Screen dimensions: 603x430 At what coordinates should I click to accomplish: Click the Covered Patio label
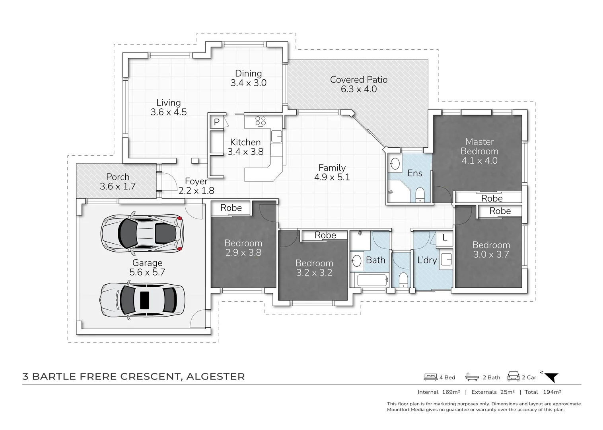pyautogui.click(x=358, y=80)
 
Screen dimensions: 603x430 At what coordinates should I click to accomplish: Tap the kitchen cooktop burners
pyautogui.click(x=260, y=121)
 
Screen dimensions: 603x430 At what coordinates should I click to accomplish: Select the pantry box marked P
pyautogui.click(x=217, y=122)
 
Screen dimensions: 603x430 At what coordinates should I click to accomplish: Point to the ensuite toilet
pyautogui.click(x=420, y=195)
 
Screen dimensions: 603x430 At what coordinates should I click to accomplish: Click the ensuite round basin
pyautogui.click(x=395, y=164)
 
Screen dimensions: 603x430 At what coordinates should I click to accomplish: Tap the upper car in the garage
pyautogui.click(x=142, y=233)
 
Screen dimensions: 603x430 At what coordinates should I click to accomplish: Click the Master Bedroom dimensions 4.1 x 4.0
pyautogui.click(x=479, y=160)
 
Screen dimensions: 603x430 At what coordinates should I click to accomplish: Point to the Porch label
pyautogui.click(x=118, y=177)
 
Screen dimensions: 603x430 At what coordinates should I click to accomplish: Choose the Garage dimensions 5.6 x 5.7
pyautogui.click(x=147, y=272)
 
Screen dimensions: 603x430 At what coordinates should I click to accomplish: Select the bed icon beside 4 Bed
pyautogui.click(x=430, y=377)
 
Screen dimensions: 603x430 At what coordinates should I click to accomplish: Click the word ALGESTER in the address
pyautogui.click(x=215, y=377)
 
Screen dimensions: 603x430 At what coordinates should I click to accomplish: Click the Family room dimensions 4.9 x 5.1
pyautogui.click(x=332, y=177)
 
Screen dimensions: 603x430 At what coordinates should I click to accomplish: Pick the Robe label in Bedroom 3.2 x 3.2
pyautogui.click(x=325, y=235)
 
